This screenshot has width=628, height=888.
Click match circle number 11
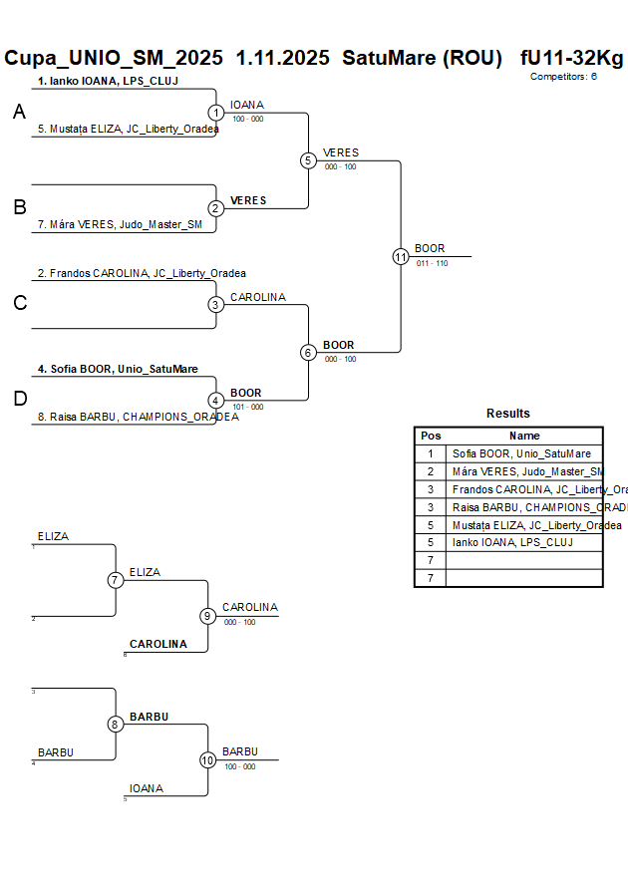(x=401, y=256)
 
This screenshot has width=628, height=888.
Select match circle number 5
(x=308, y=160)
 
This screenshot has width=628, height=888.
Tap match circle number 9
(x=207, y=616)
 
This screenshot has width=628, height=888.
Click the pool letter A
(x=19, y=114)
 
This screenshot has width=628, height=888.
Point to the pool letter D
(x=20, y=400)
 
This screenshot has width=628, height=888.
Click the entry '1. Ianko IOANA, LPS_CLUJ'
(x=108, y=81)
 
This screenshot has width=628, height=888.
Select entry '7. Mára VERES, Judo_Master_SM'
(x=120, y=224)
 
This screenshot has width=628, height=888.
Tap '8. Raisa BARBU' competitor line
(x=138, y=417)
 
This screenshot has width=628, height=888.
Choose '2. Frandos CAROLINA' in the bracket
(x=142, y=273)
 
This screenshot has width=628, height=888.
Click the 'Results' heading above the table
(x=508, y=414)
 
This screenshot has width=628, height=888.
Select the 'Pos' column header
(x=431, y=436)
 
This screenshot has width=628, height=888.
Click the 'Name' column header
(x=524, y=436)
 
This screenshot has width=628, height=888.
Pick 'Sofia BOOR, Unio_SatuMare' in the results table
(x=521, y=453)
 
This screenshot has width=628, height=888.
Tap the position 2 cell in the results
(x=431, y=471)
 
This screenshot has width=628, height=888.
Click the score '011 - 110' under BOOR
(x=432, y=263)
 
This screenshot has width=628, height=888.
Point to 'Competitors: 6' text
(x=563, y=76)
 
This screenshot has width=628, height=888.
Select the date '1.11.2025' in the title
(x=282, y=58)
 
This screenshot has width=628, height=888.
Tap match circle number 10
(x=207, y=759)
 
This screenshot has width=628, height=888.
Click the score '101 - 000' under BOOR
(x=247, y=407)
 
